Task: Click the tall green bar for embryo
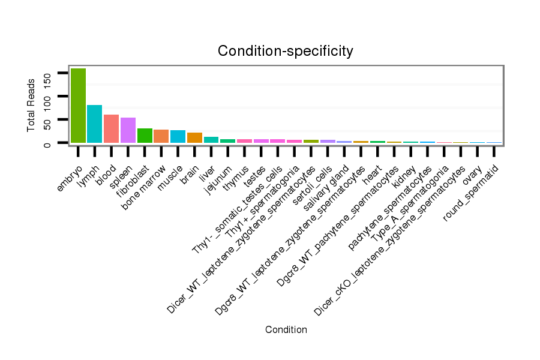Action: click(78, 106)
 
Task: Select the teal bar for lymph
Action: click(95, 124)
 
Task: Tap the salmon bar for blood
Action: click(112, 129)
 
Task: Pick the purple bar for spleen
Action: click(128, 130)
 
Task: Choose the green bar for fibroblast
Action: click(145, 136)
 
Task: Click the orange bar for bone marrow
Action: click(161, 136)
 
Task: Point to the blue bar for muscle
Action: click(178, 137)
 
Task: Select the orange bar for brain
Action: click(194, 138)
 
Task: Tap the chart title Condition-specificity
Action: click(285, 51)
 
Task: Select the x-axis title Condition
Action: click(286, 330)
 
